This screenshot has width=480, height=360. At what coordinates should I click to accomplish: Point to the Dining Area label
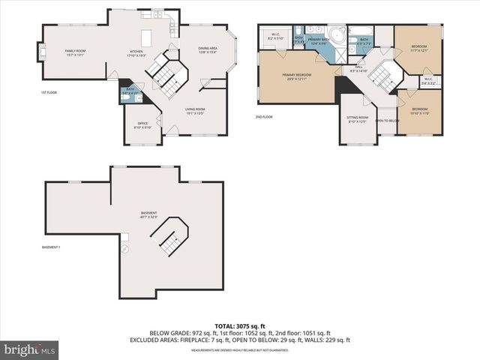[x=207, y=50]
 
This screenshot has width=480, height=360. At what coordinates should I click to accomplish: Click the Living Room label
[x=196, y=111]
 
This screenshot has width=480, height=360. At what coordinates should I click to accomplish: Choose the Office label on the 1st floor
[x=142, y=125]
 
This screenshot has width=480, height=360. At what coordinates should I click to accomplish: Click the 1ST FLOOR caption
[x=49, y=92]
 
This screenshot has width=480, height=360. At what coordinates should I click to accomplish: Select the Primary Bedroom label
[x=297, y=77]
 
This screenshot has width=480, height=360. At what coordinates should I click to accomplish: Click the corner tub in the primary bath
[x=338, y=35]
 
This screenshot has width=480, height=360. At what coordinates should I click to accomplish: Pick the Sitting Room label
[x=357, y=119]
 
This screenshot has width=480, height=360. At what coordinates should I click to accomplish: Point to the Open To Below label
[x=386, y=121]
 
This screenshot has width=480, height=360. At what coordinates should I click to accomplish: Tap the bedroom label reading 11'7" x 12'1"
[x=418, y=49]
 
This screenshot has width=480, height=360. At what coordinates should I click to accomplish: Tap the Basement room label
[x=148, y=214]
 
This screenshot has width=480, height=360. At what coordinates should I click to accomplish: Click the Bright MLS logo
[x=29, y=349]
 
